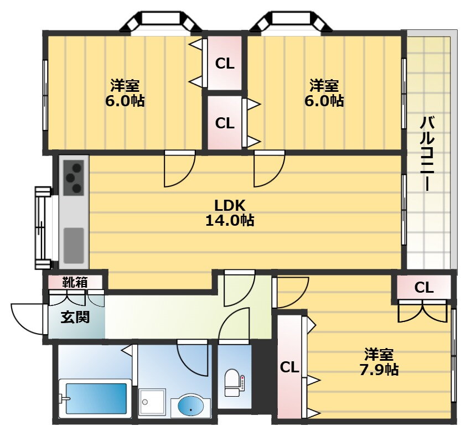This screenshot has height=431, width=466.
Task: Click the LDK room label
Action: pos(230,206)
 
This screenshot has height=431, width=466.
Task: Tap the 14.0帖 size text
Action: pos(230,220)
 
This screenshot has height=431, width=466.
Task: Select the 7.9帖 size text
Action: pos(379,370)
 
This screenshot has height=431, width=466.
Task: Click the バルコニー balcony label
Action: pos(427,154)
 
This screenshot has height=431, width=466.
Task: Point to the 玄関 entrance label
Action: pos(75,317)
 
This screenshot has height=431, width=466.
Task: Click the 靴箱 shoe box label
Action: pos(75,282)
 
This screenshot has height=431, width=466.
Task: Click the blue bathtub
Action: pos(96,398)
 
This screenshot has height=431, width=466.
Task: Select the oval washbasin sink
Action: pos(190,406)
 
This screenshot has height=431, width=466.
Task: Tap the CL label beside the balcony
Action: pos(424,288)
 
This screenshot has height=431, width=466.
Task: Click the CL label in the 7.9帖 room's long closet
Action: pos(289,368)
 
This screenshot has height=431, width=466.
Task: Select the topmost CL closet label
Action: pos(225,64)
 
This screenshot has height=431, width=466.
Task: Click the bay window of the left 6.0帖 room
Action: pos(161,22)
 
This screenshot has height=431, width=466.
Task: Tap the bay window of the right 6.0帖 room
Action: pos(291,22)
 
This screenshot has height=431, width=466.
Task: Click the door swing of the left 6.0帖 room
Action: pos(179,168)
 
